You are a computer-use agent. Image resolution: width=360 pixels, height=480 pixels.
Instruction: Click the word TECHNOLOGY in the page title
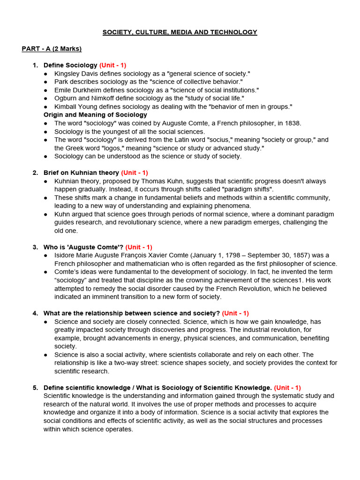[234, 32]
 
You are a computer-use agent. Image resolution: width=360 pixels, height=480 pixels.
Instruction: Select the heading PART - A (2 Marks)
[52, 49]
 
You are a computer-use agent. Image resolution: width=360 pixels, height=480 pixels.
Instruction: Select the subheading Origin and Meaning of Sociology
[95, 114]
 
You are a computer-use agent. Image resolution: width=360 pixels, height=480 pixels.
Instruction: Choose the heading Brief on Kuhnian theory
[81, 172]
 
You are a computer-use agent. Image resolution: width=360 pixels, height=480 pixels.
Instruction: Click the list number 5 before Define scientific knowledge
[35, 388]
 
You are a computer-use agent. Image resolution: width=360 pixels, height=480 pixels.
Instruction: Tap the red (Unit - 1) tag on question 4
[235, 313]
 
